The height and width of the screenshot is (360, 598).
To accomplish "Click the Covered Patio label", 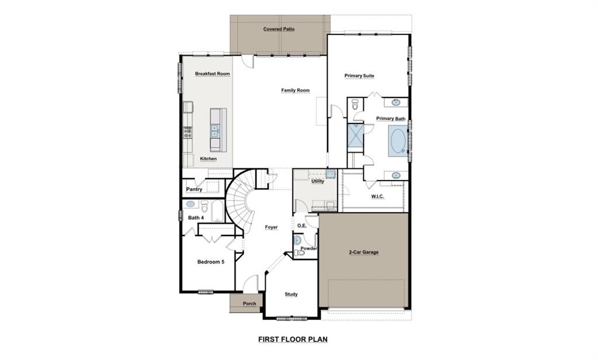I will (280, 29).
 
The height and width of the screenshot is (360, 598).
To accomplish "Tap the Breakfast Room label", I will (212, 74).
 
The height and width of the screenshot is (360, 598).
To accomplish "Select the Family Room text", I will (295, 91).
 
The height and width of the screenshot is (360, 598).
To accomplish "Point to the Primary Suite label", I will (359, 76).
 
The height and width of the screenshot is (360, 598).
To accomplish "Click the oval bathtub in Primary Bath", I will (397, 141).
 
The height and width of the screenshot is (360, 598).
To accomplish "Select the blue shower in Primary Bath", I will (355, 137).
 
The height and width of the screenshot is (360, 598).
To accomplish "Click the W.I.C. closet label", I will (377, 196).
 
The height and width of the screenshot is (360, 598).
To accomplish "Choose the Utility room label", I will (318, 181).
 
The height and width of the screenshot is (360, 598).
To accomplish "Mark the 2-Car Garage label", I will (363, 252).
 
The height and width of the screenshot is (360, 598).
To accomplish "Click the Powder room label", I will (308, 248).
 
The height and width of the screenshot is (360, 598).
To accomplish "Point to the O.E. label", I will (302, 226).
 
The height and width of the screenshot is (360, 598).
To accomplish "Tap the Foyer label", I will (271, 227).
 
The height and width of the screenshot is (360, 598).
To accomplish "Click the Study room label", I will (291, 294).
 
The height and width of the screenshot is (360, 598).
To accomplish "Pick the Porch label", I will (249, 303).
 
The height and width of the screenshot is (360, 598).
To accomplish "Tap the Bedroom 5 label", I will (210, 262).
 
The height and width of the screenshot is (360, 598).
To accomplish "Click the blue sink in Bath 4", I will (190, 205).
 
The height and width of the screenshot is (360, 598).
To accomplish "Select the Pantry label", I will (194, 189).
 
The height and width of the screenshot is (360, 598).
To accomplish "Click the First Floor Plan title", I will (296, 338).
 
